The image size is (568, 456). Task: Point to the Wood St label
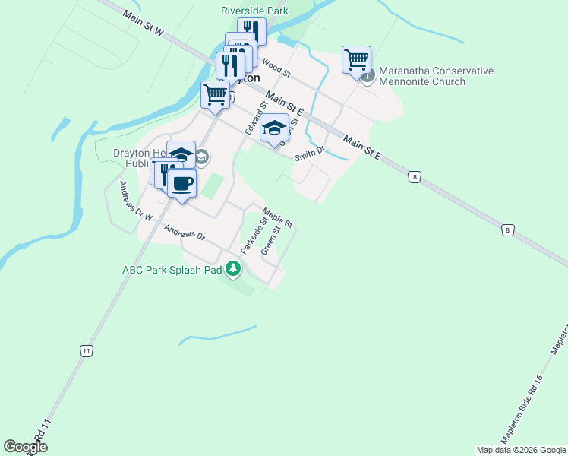(276, 67)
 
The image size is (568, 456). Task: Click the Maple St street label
(277, 217)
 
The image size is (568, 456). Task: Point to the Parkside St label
(251, 236)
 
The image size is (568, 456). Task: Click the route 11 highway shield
(87, 350)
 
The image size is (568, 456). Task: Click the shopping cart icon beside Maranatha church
(356, 59)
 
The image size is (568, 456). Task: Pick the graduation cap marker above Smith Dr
(274, 128)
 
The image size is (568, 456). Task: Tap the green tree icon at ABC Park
(233, 269)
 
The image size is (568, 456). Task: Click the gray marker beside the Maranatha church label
(368, 76)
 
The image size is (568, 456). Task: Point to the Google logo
(25, 447)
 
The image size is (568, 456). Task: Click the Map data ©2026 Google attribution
(520, 450)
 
